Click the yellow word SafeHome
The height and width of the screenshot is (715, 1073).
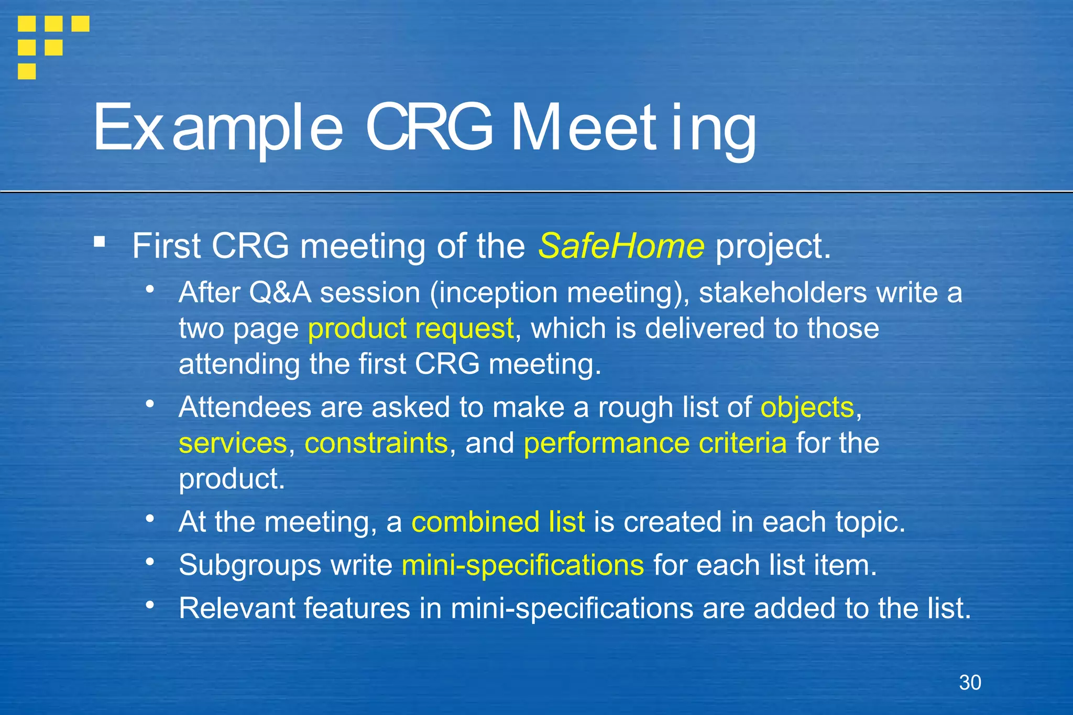pos(621,246)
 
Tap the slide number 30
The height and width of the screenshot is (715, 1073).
pos(970,683)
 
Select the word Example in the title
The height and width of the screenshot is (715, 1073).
pos(218,128)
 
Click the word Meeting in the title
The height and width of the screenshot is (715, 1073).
pos(633,128)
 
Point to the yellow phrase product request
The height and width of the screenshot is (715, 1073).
pos(411,328)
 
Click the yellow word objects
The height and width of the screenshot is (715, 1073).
pos(807,407)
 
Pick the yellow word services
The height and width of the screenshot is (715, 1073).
pos(233,443)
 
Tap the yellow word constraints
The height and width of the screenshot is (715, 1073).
pos(376,443)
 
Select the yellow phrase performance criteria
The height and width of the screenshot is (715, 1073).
pos(655,443)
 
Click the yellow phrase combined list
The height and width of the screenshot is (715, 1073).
pos(498,522)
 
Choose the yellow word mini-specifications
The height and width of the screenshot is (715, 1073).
pos(522,565)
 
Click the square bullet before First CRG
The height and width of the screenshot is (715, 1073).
pos(99,242)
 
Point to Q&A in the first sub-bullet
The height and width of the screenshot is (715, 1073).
pos(280,292)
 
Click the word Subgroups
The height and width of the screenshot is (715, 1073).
pos(249,565)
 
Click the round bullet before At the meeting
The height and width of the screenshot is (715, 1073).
pos(150,519)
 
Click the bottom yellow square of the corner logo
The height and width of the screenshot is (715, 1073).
pos(27,71)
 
